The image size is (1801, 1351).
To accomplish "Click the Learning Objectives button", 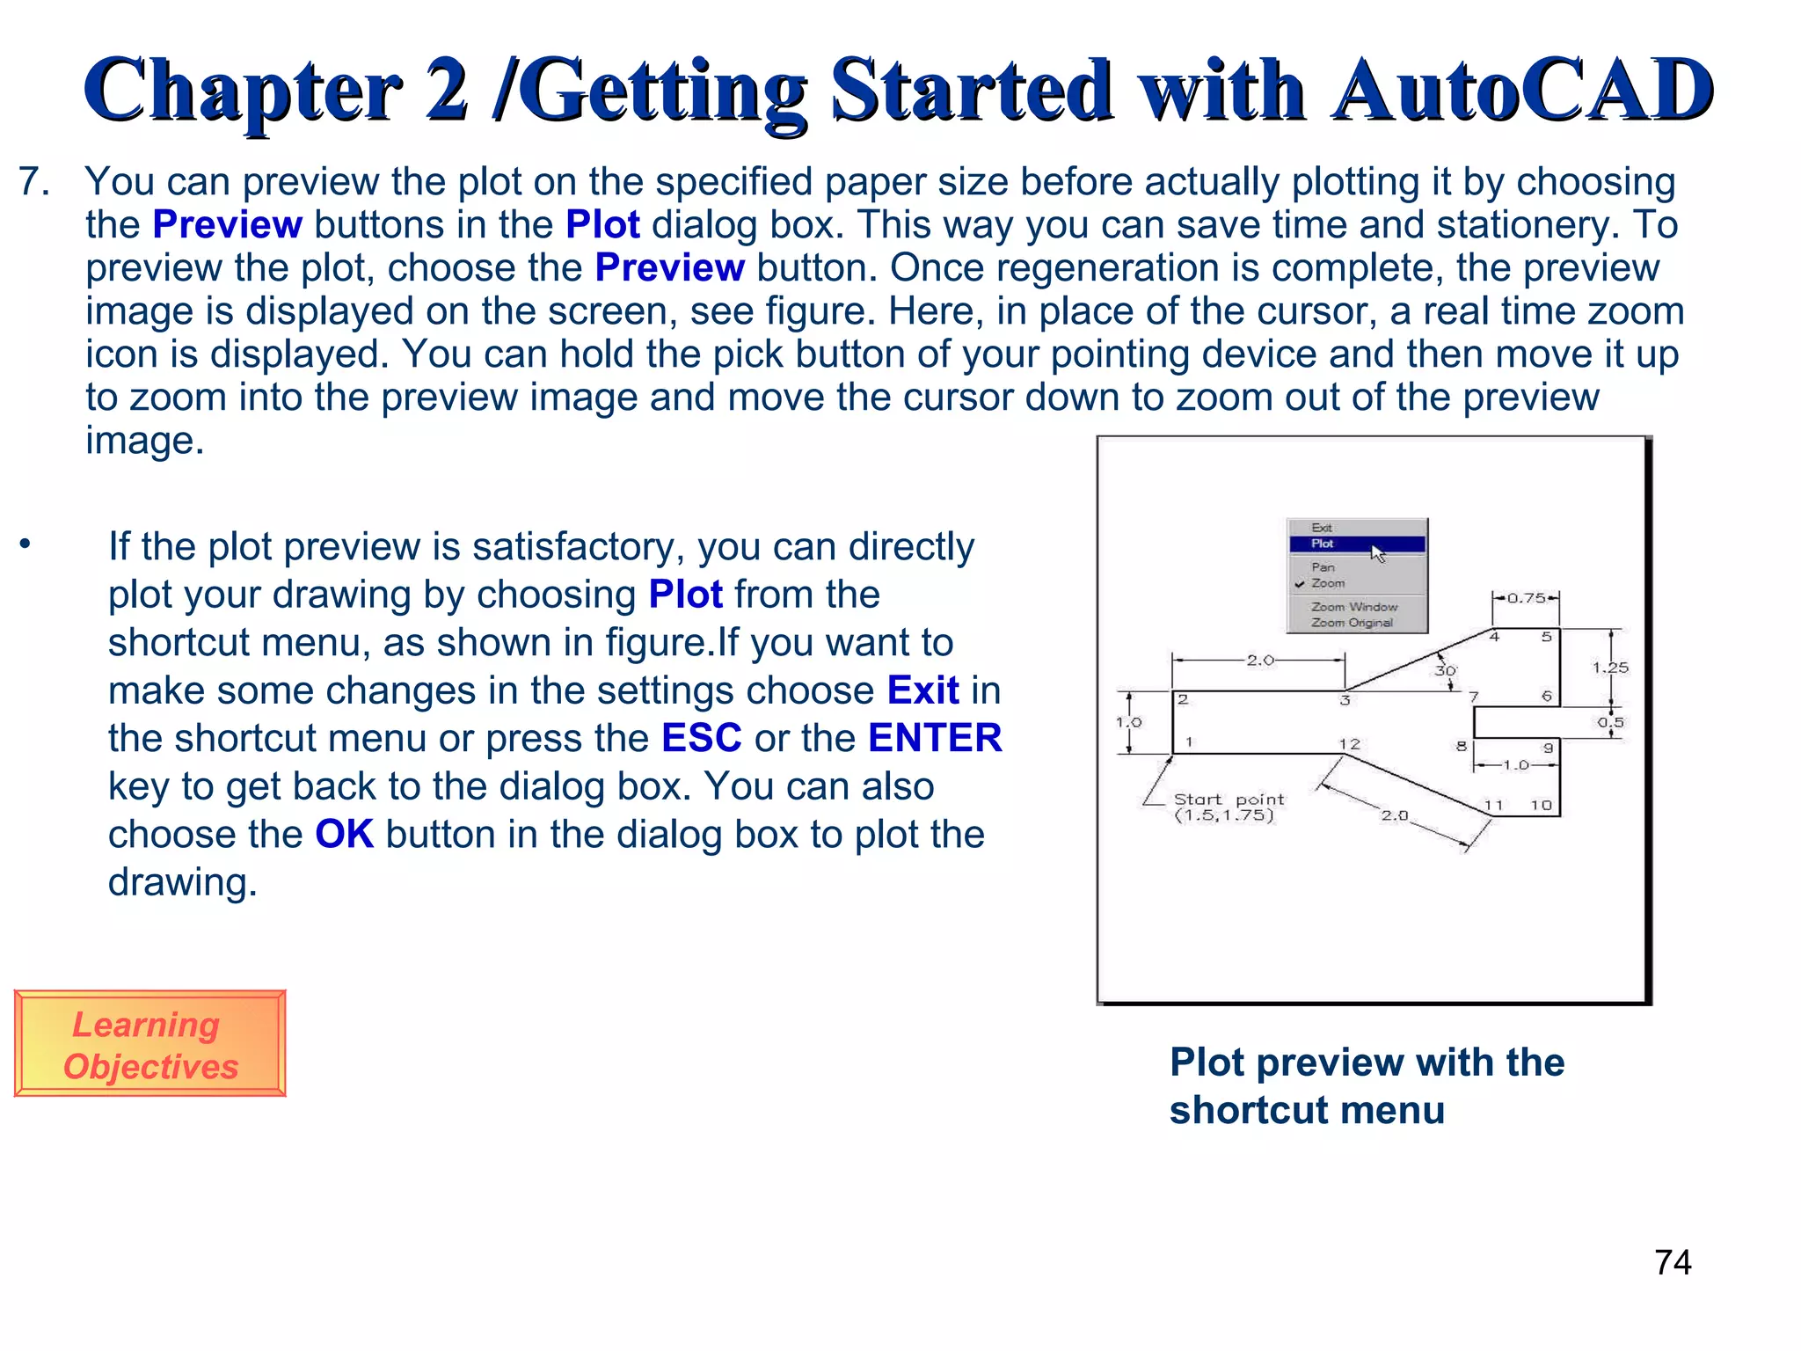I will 149,1044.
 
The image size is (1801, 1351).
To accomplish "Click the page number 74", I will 1673,1263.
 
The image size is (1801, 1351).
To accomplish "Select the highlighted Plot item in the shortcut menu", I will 1355,544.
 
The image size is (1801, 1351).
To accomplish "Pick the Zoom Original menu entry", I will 1352,623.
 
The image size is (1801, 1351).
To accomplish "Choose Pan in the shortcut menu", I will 1323,567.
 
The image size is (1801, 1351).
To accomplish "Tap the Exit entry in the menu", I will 1321,528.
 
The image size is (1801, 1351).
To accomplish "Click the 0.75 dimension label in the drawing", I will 1526,598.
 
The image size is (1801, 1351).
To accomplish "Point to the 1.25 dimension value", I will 1610,668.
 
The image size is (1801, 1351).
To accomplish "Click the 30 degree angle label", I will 1445,670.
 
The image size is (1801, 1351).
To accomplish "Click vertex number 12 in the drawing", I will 1349,744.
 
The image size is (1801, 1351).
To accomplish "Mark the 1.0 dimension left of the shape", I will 1128,722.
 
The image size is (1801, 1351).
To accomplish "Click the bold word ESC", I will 701,738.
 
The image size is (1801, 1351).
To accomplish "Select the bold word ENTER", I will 935,738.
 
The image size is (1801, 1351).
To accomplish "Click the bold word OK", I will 344,834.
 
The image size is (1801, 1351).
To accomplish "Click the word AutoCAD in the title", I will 1521,90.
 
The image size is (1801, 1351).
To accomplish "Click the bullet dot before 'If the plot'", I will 26,544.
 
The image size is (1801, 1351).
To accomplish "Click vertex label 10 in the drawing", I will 1541,805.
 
